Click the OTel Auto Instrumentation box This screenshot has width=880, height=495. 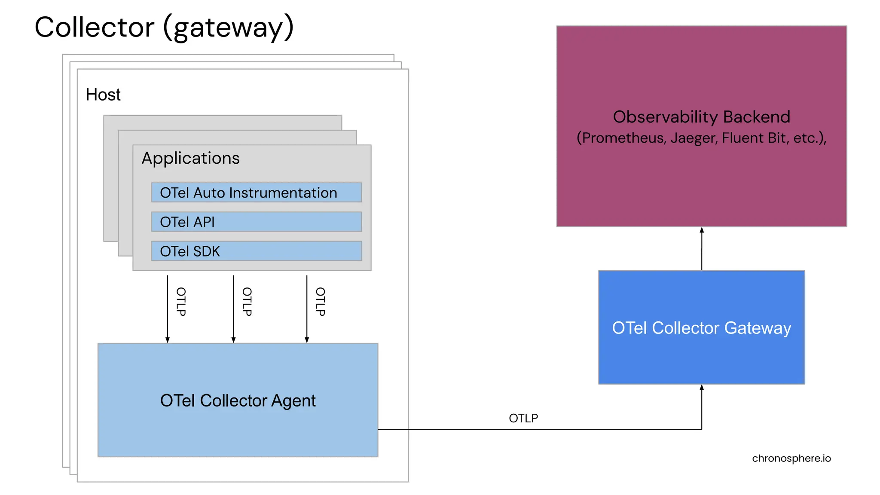tap(256, 192)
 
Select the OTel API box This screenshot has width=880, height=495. tap(256, 222)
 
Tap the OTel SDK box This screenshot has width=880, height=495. tap(256, 251)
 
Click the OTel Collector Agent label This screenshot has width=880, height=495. tap(238, 400)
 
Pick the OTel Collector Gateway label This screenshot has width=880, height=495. tap(701, 328)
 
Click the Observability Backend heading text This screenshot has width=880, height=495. tap(701, 117)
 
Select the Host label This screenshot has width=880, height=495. tap(103, 95)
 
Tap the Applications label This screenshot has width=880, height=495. tap(190, 158)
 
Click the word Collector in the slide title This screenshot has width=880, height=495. tap(94, 27)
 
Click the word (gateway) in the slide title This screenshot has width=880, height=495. tap(228, 27)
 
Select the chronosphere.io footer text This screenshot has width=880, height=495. tap(791, 458)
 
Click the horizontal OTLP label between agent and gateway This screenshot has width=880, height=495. tap(523, 418)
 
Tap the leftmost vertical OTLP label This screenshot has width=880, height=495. tap(181, 302)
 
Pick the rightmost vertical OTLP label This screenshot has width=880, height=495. tap(321, 302)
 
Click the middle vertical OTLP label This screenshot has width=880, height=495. tap(247, 302)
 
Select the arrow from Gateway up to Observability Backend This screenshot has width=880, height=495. tap(702, 249)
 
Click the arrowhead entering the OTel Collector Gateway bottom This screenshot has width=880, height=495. tap(702, 388)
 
